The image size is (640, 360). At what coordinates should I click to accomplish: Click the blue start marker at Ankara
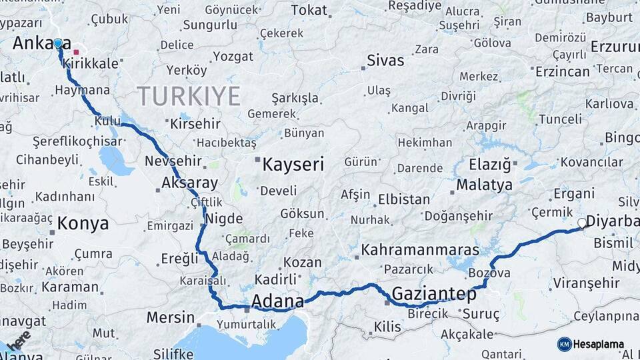point(58,43)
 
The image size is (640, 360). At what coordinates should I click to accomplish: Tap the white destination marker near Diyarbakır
point(582,223)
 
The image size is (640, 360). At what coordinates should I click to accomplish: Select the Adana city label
point(277,299)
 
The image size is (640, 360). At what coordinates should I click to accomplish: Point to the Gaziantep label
point(434,293)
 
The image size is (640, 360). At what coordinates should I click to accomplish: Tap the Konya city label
point(83,223)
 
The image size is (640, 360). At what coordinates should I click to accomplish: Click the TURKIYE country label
point(189,97)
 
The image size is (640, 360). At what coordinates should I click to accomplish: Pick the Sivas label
point(385,61)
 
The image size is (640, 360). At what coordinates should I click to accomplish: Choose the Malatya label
point(485,185)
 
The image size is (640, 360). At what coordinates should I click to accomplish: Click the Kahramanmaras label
point(420,250)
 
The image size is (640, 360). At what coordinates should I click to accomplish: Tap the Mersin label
point(170,317)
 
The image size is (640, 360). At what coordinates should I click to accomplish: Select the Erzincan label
point(562,71)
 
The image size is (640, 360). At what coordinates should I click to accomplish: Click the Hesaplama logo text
point(599,344)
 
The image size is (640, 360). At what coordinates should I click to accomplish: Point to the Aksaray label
point(189,183)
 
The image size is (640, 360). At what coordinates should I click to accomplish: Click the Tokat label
point(309,10)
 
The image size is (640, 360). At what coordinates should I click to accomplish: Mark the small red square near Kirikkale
point(76,51)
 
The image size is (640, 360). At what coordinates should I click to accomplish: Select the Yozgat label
point(233,57)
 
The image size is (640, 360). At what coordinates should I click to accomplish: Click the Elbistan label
point(403,199)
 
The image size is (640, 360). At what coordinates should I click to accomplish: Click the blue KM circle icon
point(565,344)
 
